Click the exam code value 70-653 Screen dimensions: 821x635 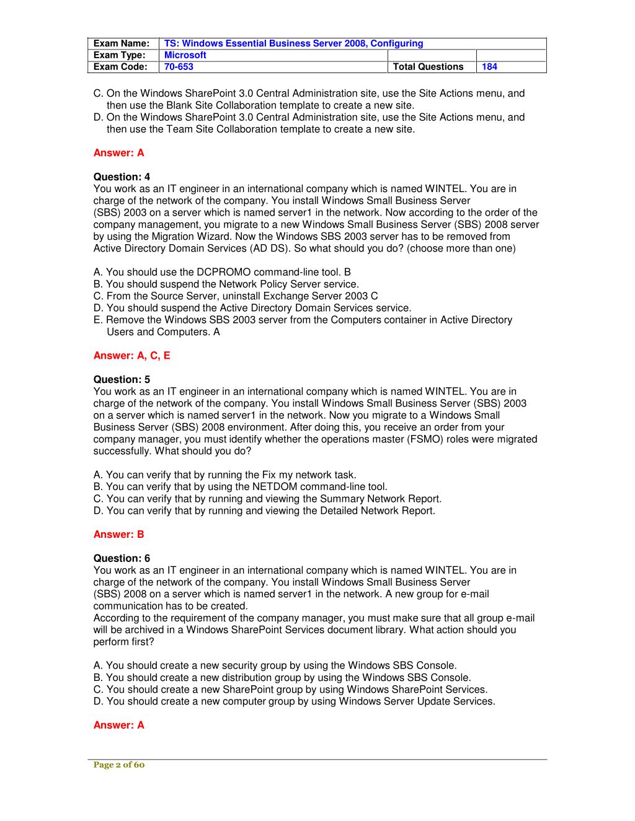pyautogui.click(x=179, y=67)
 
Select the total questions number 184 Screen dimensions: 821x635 pyautogui.click(x=489, y=67)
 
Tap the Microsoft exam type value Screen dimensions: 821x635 pyautogui.click(x=185, y=55)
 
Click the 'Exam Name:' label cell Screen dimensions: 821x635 pyautogui.click(x=122, y=43)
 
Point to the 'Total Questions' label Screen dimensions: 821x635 pyautogui.click(x=428, y=67)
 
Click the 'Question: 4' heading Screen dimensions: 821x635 pyautogui.click(x=122, y=177)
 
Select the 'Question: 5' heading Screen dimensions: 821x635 pyautogui.click(x=122, y=380)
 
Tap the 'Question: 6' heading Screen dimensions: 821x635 pyautogui.click(x=122, y=558)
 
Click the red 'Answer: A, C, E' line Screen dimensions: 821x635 pyautogui.click(x=131, y=356)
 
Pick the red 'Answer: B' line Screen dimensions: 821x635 pyautogui.click(x=118, y=534)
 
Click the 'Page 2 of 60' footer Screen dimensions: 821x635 pyautogui.click(x=118, y=765)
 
